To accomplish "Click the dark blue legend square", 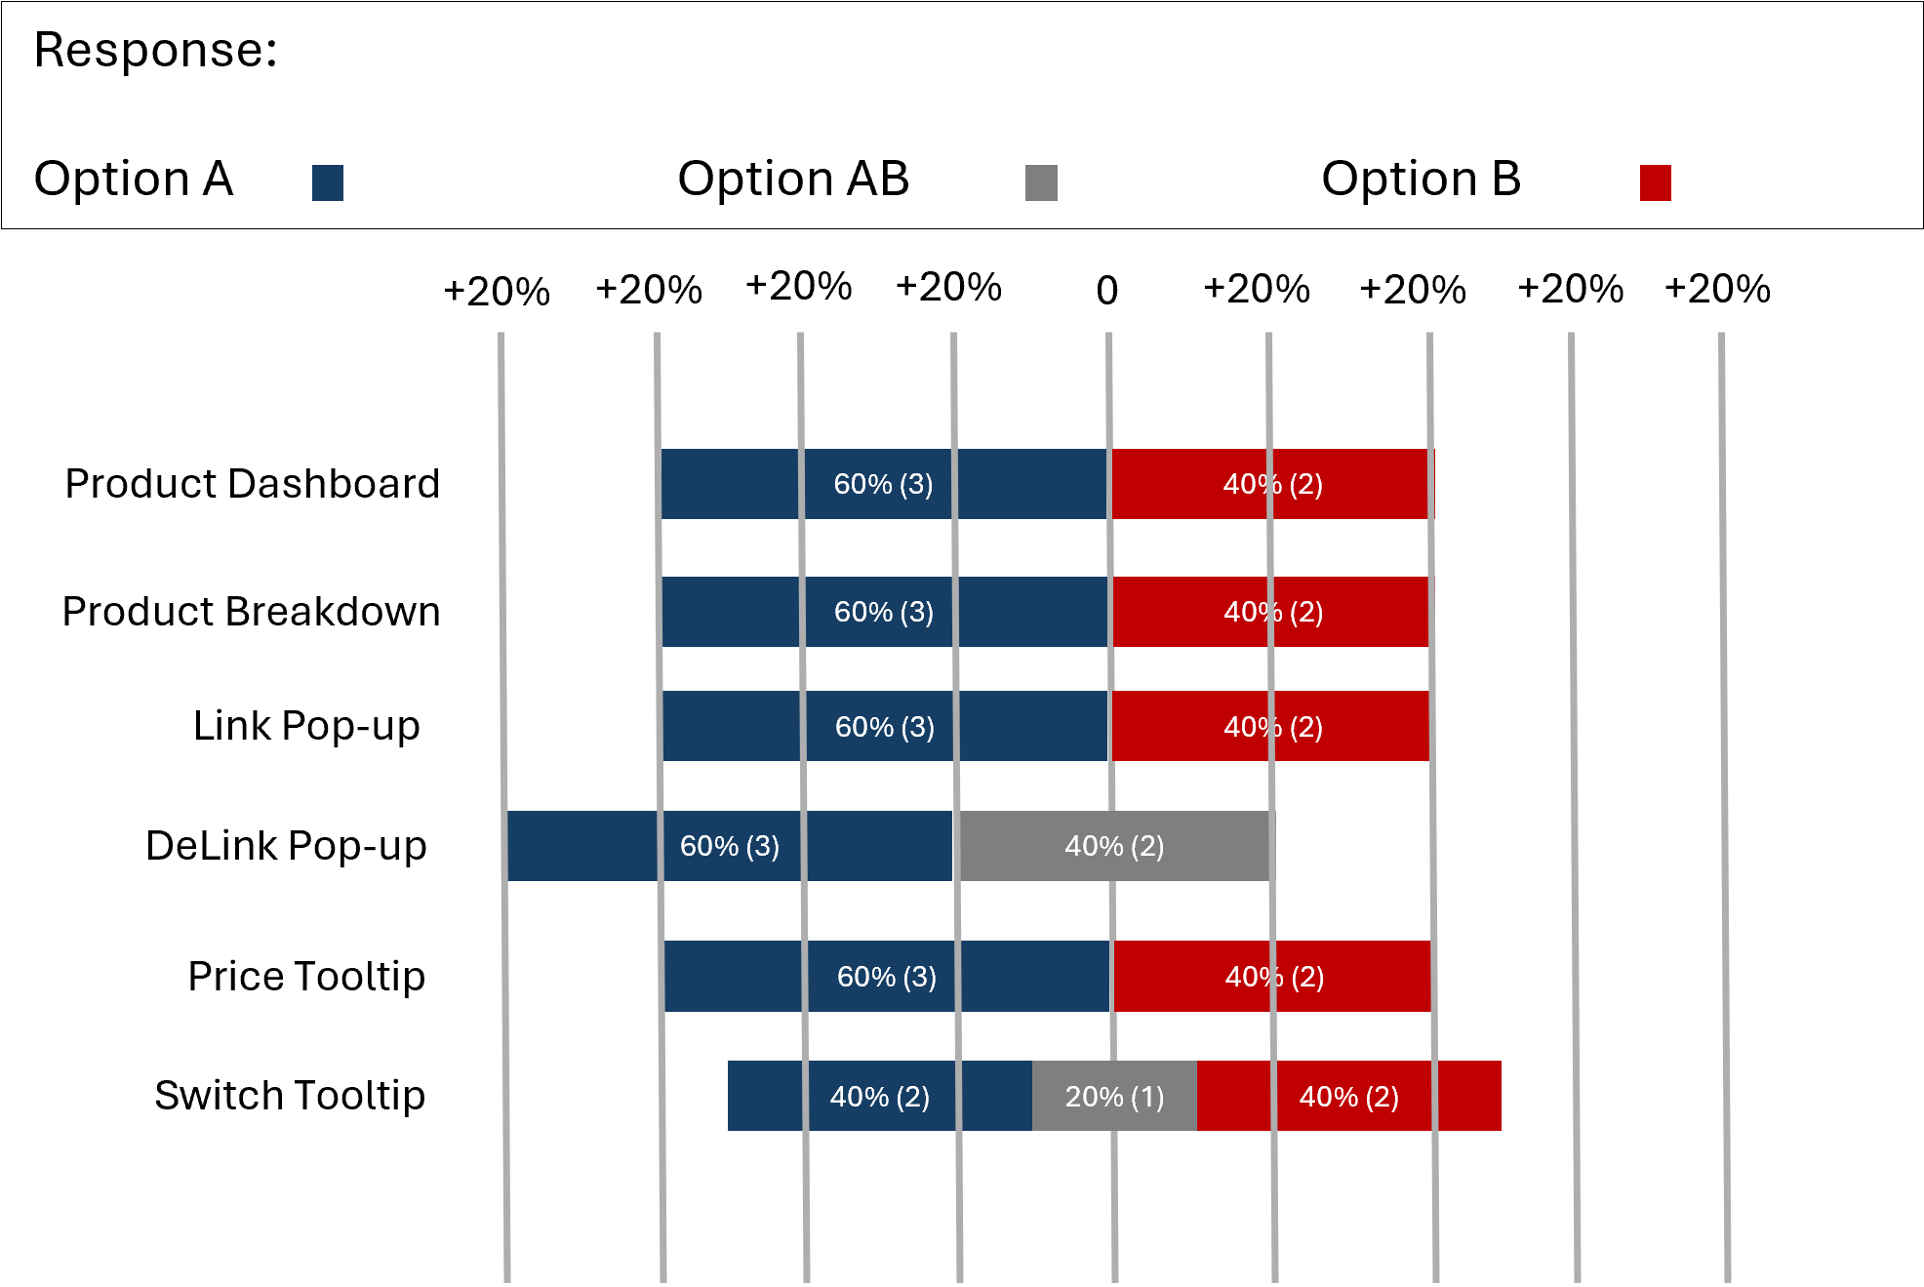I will [x=328, y=182].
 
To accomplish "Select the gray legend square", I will [x=1041, y=182].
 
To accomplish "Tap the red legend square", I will [x=1656, y=182].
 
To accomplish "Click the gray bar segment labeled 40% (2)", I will [x=1111, y=846].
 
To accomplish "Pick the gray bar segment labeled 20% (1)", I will [x=1114, y=1096].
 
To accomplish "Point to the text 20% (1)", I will [x=1114, y=1097].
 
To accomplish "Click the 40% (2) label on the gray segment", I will [x=1114, y=846].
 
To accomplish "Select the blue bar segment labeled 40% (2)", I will [x=879, y=1096].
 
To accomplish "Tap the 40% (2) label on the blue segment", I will [x=879, y=1097].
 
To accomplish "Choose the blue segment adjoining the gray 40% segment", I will [x=585, y=846].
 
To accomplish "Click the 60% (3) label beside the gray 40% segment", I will [x=730, y=846].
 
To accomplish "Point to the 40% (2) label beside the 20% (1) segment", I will [x=1348, y=1097].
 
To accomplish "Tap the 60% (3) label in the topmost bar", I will [x=883, y=484].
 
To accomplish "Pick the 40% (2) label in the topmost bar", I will [x=1272, y=484].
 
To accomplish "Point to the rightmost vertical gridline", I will [x=1724, y=781].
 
